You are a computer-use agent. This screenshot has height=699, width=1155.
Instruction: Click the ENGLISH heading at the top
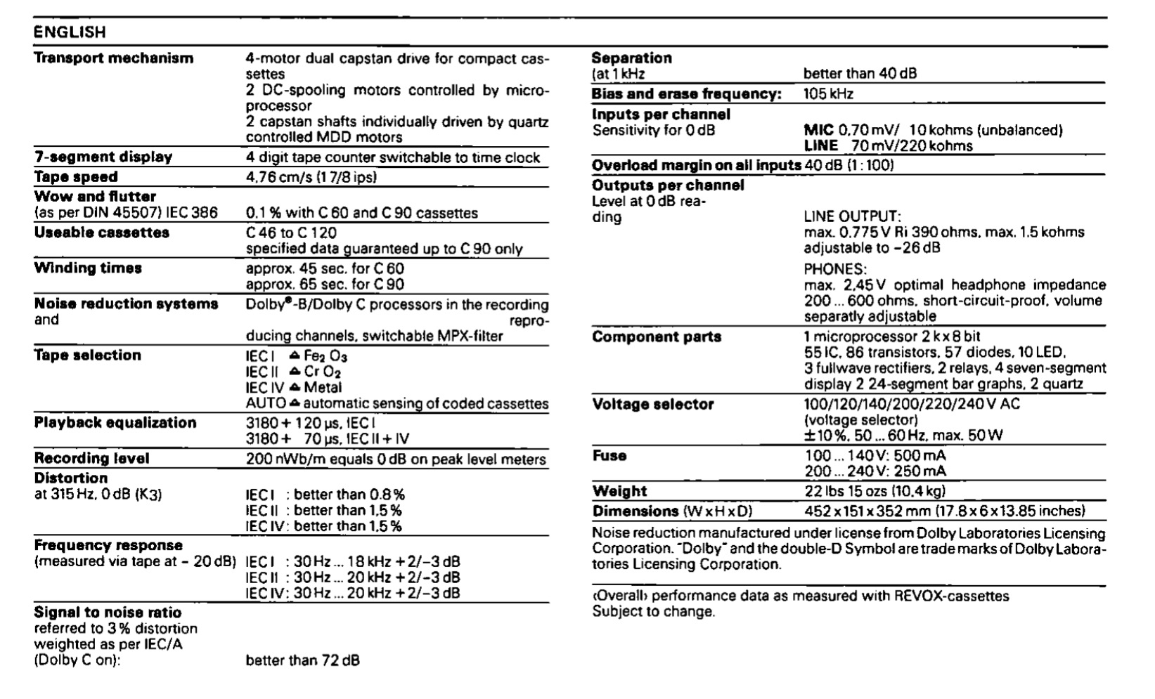coord(70,32)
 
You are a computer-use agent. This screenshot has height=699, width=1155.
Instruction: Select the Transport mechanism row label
coord(113,58)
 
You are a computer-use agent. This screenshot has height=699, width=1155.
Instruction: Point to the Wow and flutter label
coord(95,197)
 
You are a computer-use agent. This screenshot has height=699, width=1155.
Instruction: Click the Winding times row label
coord(88,268)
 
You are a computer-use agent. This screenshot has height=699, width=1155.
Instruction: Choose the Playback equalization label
coord(115,423)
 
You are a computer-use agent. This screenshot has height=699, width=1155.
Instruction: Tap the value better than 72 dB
coord(302,660)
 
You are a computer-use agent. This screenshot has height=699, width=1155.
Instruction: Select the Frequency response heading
coord(108,546)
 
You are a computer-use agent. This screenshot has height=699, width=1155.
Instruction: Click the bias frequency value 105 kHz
coord(828,94)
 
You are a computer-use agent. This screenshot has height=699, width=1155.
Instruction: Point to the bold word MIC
coord(818,130)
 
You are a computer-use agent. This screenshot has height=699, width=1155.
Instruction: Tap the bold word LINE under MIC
coord(821,146)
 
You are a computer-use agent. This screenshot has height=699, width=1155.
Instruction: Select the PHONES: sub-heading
coord(835,269)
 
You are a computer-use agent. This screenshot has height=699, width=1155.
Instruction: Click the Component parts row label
coord(656,337)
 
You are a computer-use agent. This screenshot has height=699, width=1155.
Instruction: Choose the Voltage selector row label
coord(652,405)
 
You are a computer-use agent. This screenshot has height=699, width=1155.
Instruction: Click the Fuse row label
coord(609,456)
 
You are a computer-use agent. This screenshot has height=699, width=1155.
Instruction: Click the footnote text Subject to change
coord(652,612)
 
